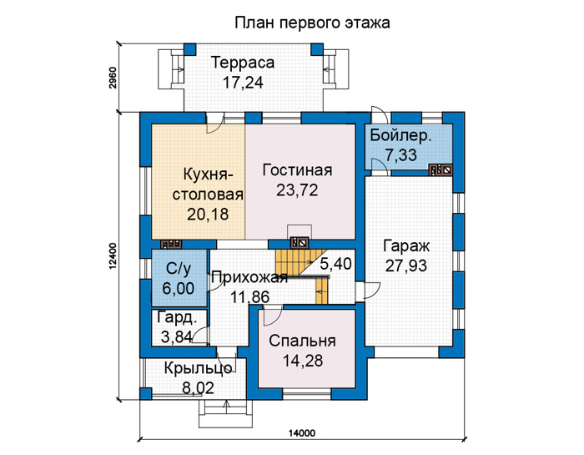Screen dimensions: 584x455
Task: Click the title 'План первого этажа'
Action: pos(312,23)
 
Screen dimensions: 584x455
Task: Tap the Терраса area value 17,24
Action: pos(243,83)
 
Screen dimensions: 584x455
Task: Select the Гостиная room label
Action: pos(297,170)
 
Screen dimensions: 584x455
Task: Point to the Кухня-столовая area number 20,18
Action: pos(208,215)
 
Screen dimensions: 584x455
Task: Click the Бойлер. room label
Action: pos(400,135)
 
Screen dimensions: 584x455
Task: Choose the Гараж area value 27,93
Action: pos(406,266)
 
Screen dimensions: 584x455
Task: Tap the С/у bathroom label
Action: pos(179,268)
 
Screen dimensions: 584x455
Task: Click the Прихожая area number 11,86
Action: pos(249,297)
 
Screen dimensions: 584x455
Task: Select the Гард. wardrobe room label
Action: pos(177,318)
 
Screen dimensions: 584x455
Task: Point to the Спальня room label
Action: pos(302,341)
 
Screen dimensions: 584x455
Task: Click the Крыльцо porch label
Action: pos(199,368)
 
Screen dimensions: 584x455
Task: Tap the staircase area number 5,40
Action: pos(335,264)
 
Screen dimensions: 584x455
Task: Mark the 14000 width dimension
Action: pos(302,433)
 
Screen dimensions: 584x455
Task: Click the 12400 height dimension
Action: pos(113,255)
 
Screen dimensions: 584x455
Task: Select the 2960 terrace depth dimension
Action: pos(113,78)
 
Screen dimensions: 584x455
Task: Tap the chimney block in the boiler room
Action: pos(441,169)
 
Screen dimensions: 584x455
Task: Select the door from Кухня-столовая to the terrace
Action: pos(215,124)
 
